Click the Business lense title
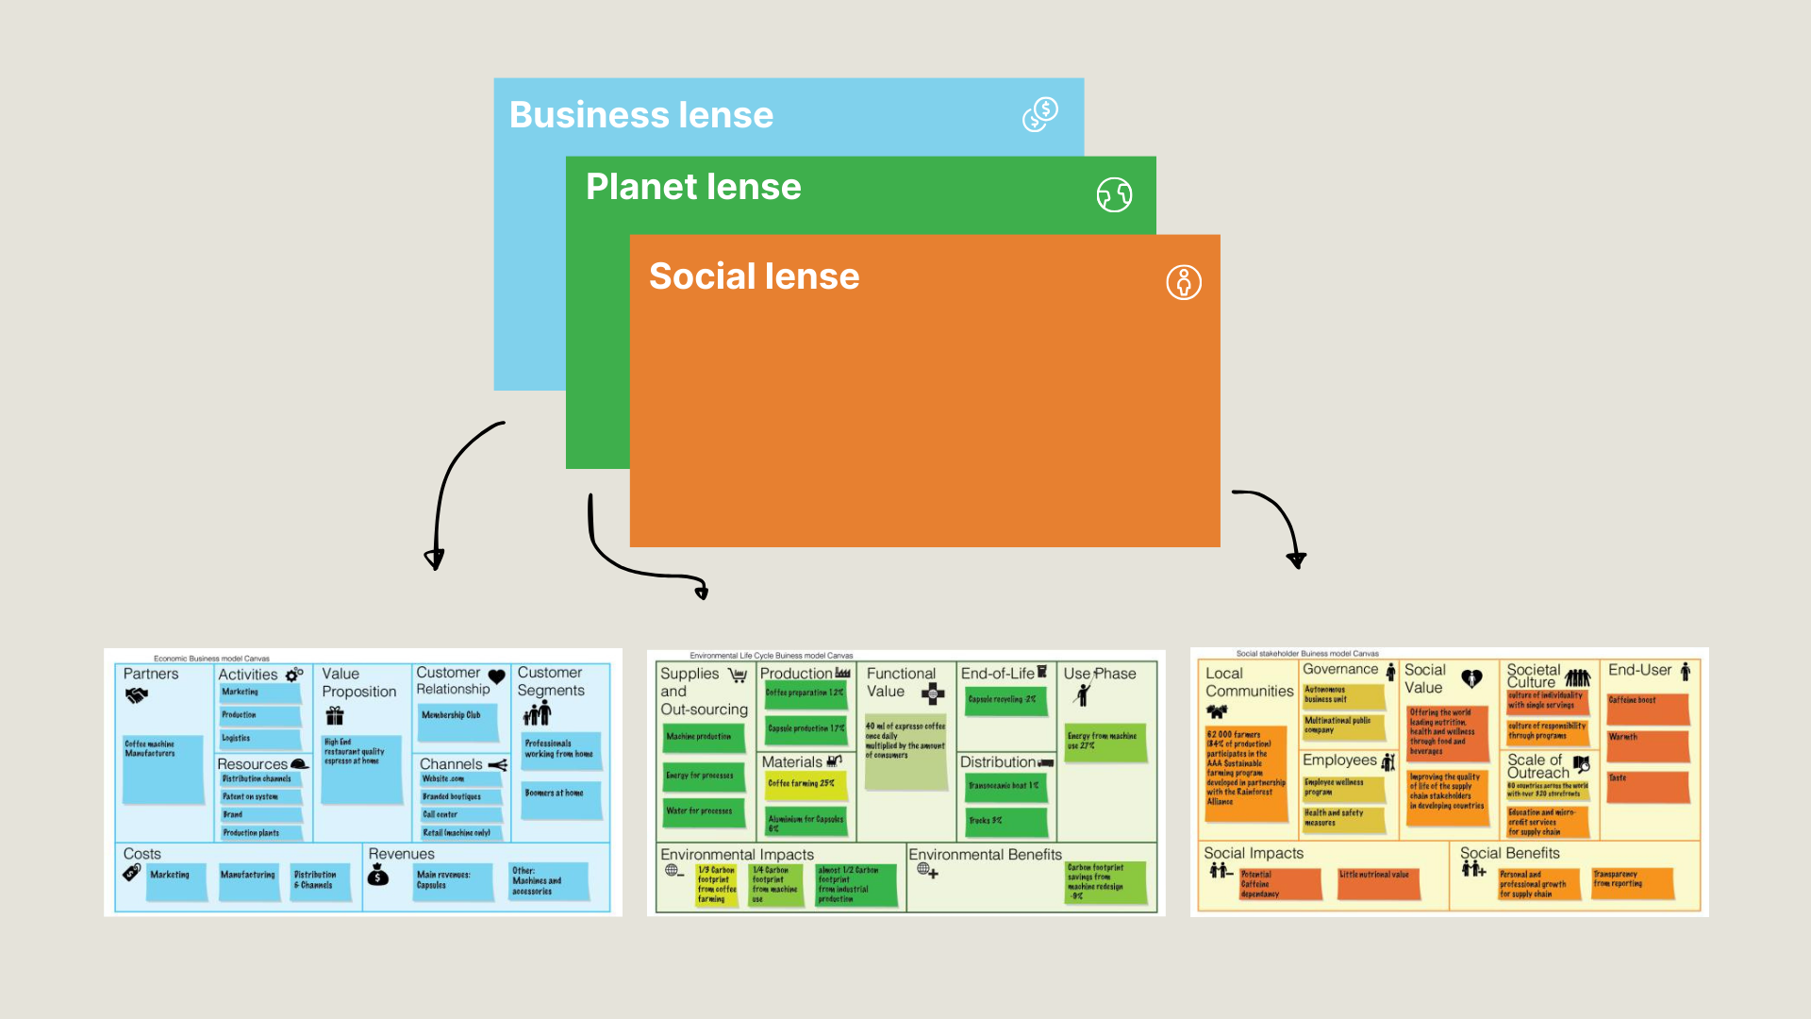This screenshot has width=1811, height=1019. (x=641, y=115)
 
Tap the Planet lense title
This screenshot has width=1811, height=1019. (x=693, y=187)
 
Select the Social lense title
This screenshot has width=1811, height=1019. (x=754, y=276)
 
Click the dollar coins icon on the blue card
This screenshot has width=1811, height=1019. (x=1040, y=114)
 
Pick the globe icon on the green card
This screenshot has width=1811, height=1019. (x=1114, y=195)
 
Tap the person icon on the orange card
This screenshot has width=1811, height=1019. (x=1184, y=282)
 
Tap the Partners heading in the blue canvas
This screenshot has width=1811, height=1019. (x=151, y=674)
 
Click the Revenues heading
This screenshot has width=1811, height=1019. (x=402, y=854)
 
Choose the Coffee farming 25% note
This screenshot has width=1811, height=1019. (x=801, y=784)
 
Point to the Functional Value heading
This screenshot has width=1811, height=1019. (x=901, y=682)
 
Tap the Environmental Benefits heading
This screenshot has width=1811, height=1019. (x=985, y=854)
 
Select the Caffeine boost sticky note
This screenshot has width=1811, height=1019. (x=1646, y=709)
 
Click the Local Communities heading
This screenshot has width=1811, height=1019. (x=1249, y=682)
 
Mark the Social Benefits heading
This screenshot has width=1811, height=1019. (x=1509, y=853)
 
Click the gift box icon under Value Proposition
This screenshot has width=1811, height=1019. (x=335, y=716)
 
